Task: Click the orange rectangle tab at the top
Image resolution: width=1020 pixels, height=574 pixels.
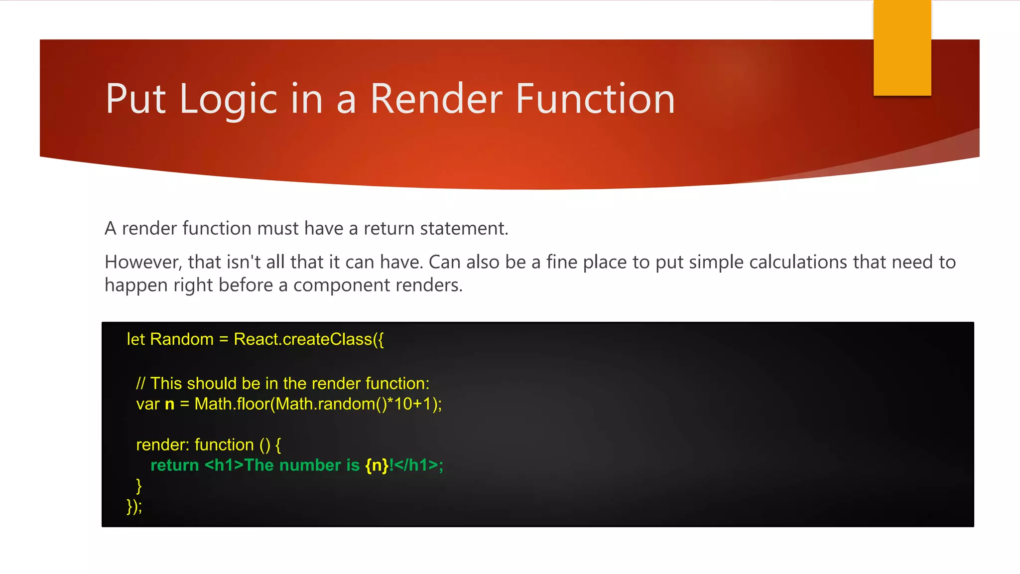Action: point(902,47)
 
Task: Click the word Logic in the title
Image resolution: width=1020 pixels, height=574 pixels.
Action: point(228,99)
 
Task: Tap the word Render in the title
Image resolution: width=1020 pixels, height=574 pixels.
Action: point(436,99)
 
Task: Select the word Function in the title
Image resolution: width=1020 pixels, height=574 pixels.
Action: point(595,99)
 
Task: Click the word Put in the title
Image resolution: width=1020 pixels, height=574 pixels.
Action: point(135,99)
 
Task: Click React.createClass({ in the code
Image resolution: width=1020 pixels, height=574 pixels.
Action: point(309,339)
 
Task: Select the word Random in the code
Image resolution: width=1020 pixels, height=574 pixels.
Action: point(182,339)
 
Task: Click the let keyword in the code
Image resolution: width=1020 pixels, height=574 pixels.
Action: point(135,339)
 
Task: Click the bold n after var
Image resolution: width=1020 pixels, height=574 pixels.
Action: point(170,404)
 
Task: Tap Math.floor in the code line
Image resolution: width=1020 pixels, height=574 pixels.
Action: point(232,404)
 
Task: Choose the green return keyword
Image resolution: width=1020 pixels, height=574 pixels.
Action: point(175,465)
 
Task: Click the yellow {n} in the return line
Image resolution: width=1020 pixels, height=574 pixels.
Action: point(377,465)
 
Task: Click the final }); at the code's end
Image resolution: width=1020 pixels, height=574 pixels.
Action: point(134,506)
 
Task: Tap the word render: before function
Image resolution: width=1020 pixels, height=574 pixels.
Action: point(162,444)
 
